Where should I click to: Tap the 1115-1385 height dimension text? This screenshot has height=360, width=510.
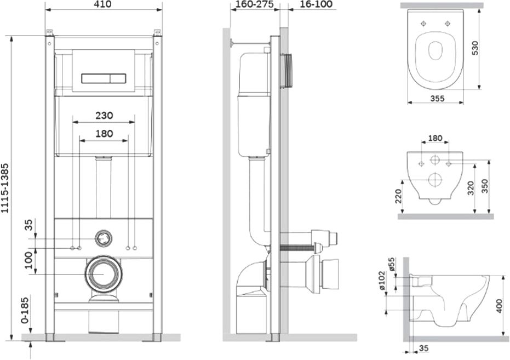pyautogui.click(x=5, y=188)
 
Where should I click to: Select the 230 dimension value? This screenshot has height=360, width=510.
pyautogui.click(x=104, y=116)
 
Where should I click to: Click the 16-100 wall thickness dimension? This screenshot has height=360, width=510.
pyautogui.click(x=311, y=4)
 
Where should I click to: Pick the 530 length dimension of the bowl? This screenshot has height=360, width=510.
pyautogui.click(x=475, y=48)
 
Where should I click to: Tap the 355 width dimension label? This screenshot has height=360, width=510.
pyautogui.click(x=437, y=98)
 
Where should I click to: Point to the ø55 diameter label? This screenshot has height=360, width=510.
pyautogui.click(x=391, y=265)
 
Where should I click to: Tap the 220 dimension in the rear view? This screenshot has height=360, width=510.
pyautogui.click(x=399, y=196)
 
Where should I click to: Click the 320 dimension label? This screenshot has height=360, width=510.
pyautogui.click(x=471, y=188)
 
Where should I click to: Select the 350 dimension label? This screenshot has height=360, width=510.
pyautogui.click(x=485, y=186)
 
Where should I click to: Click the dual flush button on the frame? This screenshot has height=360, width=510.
pyautogui.click(x=104, y=78)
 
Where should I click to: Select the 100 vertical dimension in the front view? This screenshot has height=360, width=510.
pyautogui.click(x=30, y=260)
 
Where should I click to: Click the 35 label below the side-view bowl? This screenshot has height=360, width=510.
pyautogui.click(x=423, y=348)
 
